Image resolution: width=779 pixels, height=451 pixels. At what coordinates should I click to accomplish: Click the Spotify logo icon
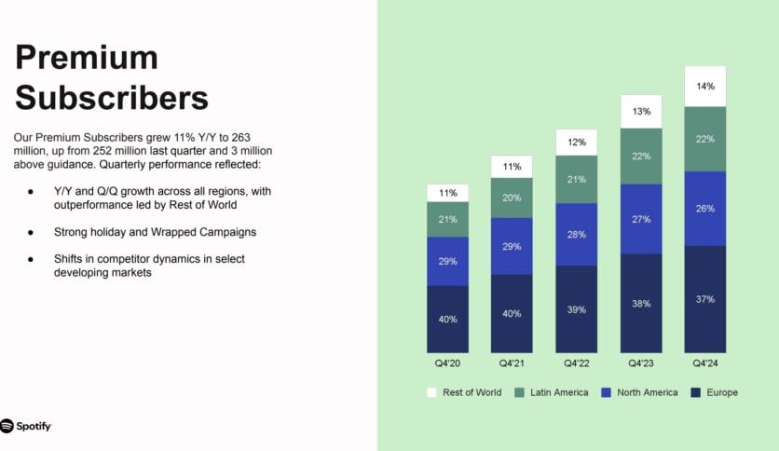point(8,426)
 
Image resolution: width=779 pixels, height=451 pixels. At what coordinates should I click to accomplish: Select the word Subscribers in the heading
point(111,97)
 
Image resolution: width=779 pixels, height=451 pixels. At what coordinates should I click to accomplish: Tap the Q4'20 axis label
point(447,362)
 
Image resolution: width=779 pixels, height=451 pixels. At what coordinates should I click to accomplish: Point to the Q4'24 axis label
point(704,362)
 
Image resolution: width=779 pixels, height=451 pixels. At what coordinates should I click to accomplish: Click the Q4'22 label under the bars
point(576,362)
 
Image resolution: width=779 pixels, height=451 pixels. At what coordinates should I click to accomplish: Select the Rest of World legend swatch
point(431,392)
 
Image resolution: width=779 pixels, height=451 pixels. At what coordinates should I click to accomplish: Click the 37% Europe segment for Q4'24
point(704,299)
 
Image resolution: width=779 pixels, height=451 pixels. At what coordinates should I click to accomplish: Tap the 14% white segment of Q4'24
point(704,87)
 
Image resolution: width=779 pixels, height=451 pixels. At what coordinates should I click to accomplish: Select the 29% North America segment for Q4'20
point(447,262)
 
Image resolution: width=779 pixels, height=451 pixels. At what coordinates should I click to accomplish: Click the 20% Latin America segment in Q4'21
point(512,198)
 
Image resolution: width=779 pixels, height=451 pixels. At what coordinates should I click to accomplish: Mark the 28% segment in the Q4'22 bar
point(576,234)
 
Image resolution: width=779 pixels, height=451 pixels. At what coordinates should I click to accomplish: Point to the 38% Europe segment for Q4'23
point(640,303)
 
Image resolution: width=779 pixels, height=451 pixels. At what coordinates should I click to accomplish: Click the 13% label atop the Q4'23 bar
point(640,112)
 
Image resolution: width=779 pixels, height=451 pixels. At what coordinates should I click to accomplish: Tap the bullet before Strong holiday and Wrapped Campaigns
point(31,231)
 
